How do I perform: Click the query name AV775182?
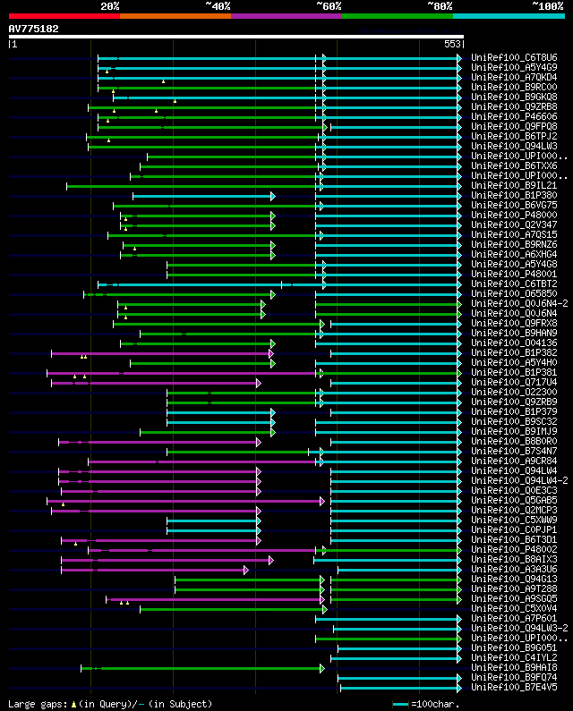pos(33,29)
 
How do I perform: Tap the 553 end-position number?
pos(452,44)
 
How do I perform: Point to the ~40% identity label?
pos(218,6)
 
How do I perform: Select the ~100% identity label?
pos(547,6)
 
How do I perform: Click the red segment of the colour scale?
pos(64,15)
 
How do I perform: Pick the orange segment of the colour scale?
pos(175,15)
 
